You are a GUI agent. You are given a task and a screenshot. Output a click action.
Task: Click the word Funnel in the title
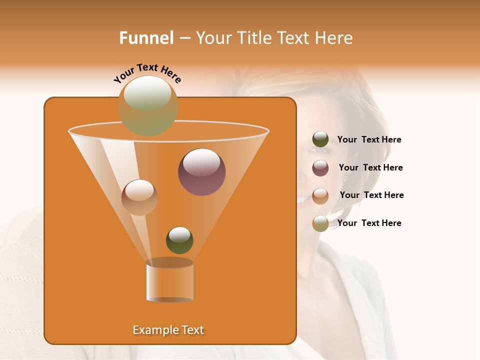pos(146,38)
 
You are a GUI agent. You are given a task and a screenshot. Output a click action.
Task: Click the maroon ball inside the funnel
pos(201,171)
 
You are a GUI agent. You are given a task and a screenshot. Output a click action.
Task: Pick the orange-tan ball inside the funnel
pos(139,197)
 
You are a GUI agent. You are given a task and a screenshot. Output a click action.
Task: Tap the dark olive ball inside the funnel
pos(179,240)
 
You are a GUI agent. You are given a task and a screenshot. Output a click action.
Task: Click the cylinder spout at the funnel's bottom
pos(169,281)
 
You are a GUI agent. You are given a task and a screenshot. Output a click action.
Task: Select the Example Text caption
pos(168,330)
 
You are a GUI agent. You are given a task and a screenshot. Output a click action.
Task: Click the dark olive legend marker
pos(320,139)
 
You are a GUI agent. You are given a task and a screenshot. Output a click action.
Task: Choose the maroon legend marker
pos(320,168)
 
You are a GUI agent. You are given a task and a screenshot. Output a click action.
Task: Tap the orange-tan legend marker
pos(320,195)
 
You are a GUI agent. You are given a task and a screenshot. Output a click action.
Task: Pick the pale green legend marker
pos(320,223)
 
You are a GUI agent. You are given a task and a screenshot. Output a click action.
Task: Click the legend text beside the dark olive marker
pos(369,140)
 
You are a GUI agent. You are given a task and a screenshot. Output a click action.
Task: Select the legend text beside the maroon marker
pos(370,168)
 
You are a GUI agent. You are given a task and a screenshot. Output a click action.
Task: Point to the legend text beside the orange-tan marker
pos(371,195)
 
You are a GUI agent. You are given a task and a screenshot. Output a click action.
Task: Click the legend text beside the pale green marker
pos(369,223)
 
